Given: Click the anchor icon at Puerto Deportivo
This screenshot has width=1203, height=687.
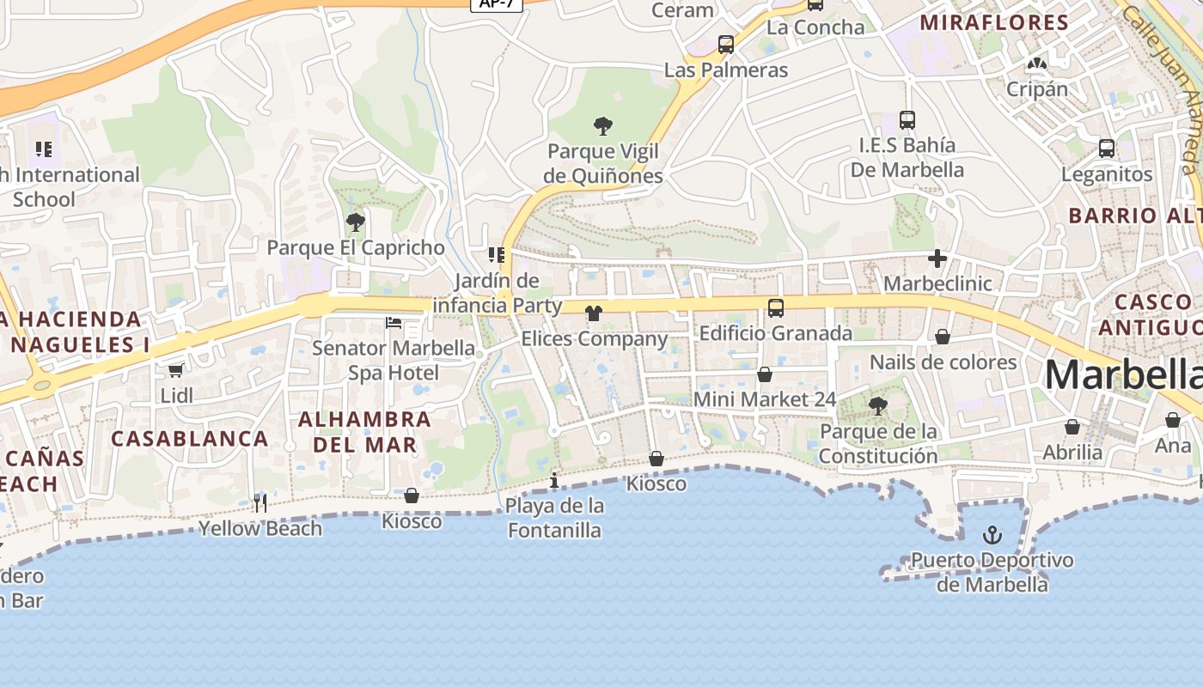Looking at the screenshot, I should [992, 535].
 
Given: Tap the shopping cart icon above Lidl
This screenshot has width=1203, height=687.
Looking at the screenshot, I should [176, 370].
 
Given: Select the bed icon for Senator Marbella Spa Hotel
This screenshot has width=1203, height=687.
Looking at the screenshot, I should [394, 323].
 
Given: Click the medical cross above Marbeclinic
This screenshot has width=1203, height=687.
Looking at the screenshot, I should [937, 258].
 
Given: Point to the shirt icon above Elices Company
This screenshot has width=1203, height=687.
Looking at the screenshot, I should [593, 313].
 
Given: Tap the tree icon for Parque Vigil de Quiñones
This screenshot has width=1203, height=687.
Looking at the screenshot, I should [603, 126].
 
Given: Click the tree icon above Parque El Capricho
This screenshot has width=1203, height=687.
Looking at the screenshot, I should [355, 222].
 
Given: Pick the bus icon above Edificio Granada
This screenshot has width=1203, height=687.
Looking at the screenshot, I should [775, 307].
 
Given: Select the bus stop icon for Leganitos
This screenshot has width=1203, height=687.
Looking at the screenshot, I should [1107, 149].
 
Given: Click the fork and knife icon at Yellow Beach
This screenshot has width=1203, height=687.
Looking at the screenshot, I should [260, 502].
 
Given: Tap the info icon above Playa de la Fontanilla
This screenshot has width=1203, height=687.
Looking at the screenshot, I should [554, 480].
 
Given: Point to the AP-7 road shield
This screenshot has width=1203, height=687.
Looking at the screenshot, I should [497, 3].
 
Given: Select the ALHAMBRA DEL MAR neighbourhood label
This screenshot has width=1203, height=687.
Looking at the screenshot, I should [364, 432].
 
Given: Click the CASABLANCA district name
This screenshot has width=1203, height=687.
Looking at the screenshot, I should [190, 438].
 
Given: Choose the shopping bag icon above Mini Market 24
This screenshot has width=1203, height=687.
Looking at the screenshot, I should [764, 374].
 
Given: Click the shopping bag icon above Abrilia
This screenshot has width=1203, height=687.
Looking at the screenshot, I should [1072, 427].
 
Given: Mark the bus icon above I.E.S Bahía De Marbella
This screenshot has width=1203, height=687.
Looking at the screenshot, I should [907, 120].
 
